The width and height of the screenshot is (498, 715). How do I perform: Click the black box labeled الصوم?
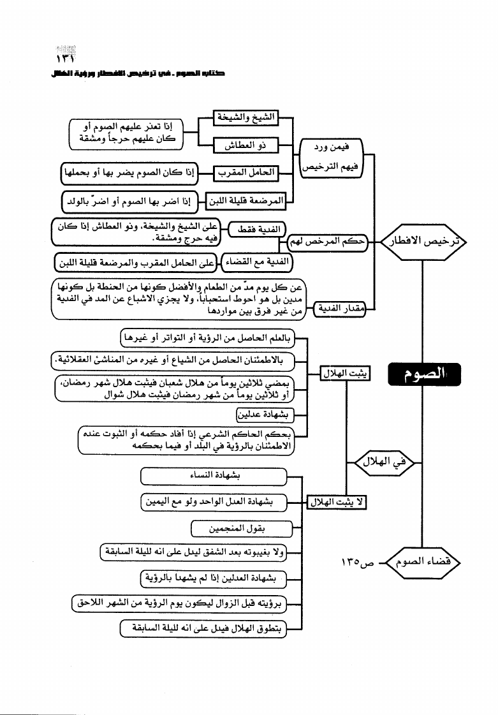tap(421, 375)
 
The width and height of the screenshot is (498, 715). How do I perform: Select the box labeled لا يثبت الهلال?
tap(336, 502)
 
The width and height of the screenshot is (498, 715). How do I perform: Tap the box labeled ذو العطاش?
tap(245, 146)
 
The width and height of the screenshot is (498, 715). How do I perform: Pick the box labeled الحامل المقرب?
tap(246, 172)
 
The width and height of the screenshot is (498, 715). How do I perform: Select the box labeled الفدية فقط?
tap(256, 229)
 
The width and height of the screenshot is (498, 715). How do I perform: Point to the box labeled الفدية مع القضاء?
tap(255, 261)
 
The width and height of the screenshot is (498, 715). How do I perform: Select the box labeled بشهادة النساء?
tap(213, 476)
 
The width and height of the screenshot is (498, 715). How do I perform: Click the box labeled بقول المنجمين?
tap(242, 528)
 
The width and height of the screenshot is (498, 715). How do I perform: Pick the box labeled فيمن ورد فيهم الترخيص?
tap(330, 159)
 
